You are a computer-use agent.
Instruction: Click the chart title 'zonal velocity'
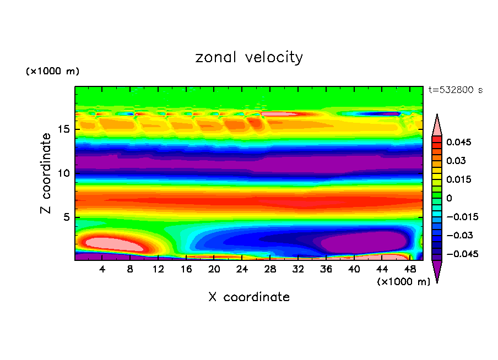click(x=249, y=57)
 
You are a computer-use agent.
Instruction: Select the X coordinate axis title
click(x=249, y=297)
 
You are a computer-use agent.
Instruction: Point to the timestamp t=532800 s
click(x=455, y=90)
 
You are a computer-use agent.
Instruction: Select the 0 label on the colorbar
click(x=448, y=198)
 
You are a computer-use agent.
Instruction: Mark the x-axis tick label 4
click(x=102, y=270)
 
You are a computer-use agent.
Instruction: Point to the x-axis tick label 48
click(x=409, y=270)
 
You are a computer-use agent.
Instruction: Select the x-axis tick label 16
click(x=186, y=270)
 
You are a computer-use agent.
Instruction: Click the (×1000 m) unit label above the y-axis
click(x=52, y=72)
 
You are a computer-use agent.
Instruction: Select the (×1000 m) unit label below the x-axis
click(x=403, y=282)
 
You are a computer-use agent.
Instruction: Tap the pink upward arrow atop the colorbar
click(x=437, y=125)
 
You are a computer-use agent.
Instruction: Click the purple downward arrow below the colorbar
click(x=437, y=271)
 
